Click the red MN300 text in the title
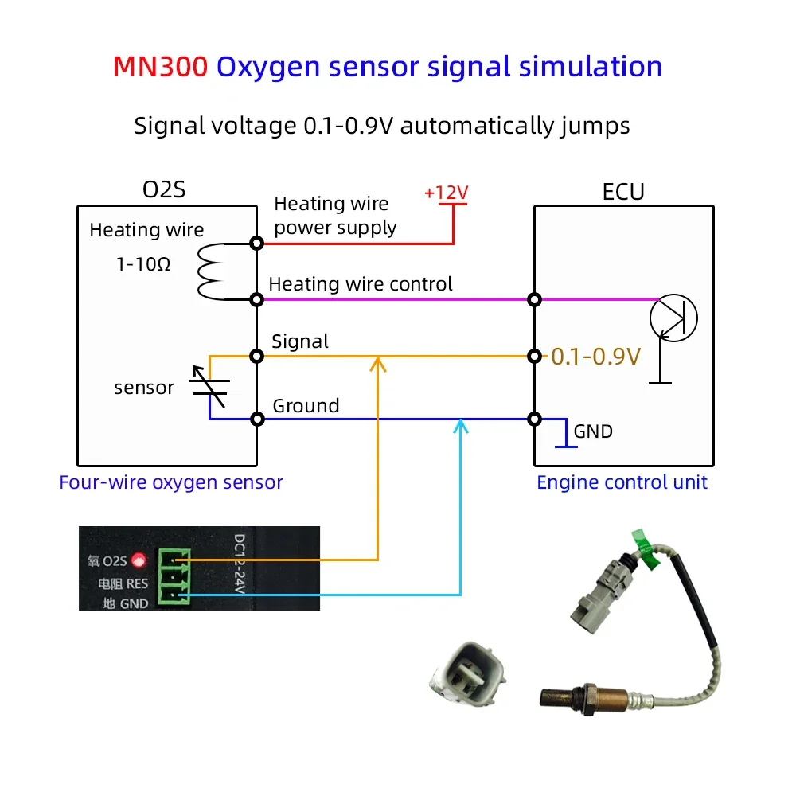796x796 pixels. [x=161, y=67]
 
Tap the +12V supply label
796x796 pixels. [x=447, y=193]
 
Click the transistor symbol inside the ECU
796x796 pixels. [x=673, y=318]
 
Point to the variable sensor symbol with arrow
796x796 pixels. [x=209, y=386]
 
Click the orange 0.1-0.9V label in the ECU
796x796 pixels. [x=596, y=357]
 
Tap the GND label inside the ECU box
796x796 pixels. [x=593, y=431]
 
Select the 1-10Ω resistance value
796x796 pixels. [x=143, y=264]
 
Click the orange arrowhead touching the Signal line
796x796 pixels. [x=377, y=364]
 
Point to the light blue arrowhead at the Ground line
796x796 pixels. [x=460, y=427]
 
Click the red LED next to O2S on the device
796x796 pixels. [x=139, y=560]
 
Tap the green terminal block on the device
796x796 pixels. [x=174, y=576]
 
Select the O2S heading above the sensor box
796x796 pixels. [x=164, y=190]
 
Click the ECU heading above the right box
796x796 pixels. [x=623, y=192]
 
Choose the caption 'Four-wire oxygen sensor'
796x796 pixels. [x=171, y=482]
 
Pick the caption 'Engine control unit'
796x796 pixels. [x=622, y=482]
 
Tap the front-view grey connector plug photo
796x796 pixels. [x=469, y=673]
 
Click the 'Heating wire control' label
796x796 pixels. [x=361, y=284]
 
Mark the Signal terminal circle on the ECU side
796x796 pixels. [x=534, y=357]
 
